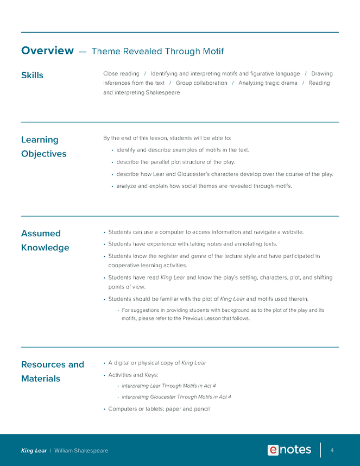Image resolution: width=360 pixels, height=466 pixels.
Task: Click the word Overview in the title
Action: [x=47, y=51]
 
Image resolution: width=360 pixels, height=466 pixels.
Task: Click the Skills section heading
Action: [x=32, y=75]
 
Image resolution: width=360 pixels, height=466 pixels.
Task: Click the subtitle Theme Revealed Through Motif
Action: [x=157, y=52]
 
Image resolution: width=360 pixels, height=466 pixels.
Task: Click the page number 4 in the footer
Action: [x=332, y=450]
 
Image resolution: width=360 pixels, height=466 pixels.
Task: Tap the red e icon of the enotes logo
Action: [x=273, y=450]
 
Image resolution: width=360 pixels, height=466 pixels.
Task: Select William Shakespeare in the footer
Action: [x=81, y=451]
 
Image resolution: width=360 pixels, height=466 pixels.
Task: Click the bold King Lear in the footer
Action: [x=34, y=451]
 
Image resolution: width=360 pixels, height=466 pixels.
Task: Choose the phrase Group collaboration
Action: [x=201, y=83]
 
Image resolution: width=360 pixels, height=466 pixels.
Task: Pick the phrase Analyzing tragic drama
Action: [x=267, y=83]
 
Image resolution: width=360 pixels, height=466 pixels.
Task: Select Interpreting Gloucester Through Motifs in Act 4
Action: [x=176, y=397]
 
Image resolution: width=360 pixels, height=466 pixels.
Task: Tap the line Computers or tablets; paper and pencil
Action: [x=159, y=409]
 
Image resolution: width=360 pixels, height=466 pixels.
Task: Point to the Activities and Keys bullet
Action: [x=132, y=374]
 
